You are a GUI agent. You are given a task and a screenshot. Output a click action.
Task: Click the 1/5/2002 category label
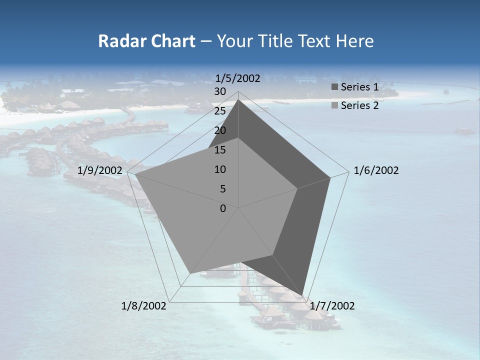238,78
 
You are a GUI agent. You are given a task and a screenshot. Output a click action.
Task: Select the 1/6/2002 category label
376,171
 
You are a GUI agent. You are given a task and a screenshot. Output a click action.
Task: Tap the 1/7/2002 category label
332,306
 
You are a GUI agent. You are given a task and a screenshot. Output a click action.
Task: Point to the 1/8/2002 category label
144,306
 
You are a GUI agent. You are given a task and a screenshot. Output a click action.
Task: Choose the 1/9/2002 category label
100,171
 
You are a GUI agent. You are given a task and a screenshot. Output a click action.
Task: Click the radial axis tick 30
220,91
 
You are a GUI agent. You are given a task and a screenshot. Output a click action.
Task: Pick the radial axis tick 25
220,111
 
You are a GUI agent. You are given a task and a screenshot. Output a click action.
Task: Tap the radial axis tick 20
220,130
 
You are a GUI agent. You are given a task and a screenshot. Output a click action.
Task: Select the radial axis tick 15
220,150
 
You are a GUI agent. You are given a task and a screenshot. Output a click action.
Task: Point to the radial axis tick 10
220,169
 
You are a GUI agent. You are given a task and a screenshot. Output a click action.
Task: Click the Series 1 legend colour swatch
334,87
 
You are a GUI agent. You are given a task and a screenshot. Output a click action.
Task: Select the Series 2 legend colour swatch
334,105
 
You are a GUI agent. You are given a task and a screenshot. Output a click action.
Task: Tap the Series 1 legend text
359,87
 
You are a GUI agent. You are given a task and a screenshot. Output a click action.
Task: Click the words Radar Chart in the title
146,41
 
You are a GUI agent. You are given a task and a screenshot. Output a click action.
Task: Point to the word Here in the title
354,41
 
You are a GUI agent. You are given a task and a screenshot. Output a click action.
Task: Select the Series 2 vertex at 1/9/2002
135,174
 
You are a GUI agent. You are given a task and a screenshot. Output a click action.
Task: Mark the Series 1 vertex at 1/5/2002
238,100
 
